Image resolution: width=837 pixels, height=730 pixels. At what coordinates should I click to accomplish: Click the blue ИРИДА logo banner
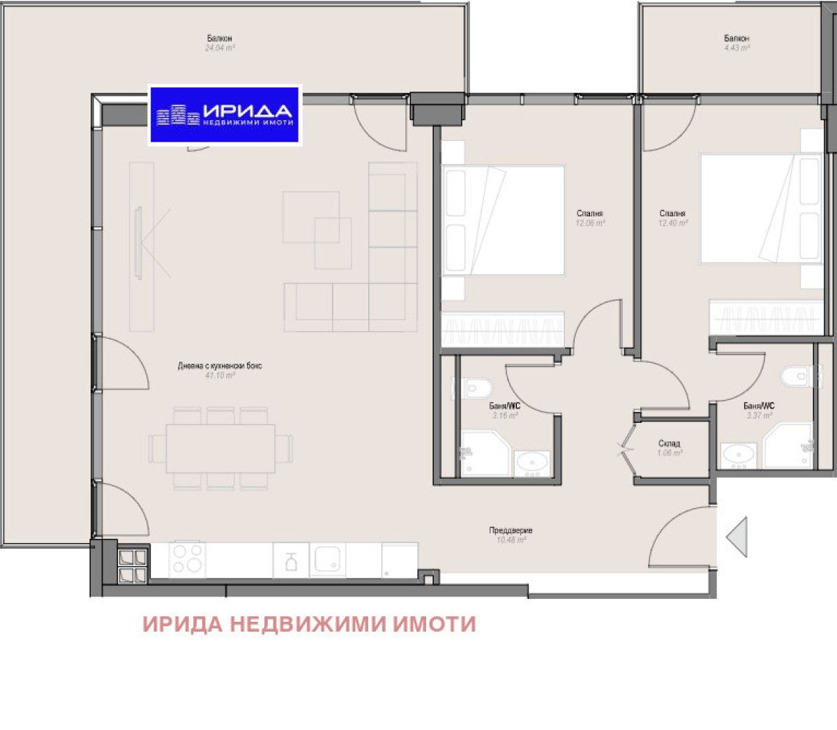pyautogui.click(x=225, y=114)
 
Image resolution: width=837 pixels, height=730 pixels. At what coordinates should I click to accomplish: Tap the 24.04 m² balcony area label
pyautogui.click(x=219, y=49)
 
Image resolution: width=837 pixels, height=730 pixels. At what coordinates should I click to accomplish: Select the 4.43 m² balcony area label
pyautogui.click(x=737, y=49)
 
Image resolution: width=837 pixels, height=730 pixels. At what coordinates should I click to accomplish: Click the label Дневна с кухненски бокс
pyautogui.click(x=220, y=366)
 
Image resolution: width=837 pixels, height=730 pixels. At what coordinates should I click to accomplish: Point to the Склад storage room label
pyautogui.click(x=669, y=444)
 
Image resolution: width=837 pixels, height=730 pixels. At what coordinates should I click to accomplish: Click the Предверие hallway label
pyautogui.click(x=511, y=531)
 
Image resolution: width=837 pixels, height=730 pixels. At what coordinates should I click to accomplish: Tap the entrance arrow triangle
pyautogui.click(x=737, y=537)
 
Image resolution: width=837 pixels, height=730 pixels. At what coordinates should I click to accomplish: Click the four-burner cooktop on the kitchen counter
pyautogui.click(x=188, y=559)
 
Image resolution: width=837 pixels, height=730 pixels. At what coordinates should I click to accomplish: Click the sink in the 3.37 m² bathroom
pyautogui.click(x=738, y=455)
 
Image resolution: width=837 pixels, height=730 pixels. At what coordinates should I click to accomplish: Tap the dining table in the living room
pyautogui.click(x=220, y=447)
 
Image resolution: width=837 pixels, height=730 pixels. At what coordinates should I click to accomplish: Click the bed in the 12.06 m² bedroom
pyautogui.click(x=503, y=220)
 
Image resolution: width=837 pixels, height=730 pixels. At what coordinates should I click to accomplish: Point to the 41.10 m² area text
pyautogui.click(x=220, y=375)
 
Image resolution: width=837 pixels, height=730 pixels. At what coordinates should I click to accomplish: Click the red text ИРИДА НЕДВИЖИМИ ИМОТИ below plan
pyautogui.click(x=309, y=624)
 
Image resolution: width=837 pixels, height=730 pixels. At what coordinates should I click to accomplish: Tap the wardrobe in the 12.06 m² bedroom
pyautogui.click(x=502, y=328)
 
